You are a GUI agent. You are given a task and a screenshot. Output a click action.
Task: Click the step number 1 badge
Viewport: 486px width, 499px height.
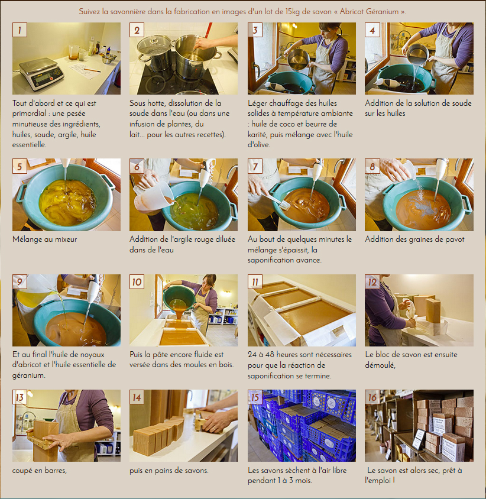[x=20, y=30]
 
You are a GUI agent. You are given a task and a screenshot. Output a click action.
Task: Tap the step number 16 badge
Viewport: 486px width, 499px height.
[x=372, y=397]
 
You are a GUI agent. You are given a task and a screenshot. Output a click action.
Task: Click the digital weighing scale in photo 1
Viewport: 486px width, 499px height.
[x=42, y=74]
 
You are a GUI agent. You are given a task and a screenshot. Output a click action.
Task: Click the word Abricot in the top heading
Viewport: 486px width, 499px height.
[x=352, y=12]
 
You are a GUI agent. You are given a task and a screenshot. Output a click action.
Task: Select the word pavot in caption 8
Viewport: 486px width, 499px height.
[x=455, y=239]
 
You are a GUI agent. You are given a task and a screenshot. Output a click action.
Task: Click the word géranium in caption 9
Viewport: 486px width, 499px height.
[x=28, y=375]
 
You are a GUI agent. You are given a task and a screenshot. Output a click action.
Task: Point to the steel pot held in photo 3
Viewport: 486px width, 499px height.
[x=298, y=59]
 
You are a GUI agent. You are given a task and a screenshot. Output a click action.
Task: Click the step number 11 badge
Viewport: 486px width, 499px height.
[x=255, y=282]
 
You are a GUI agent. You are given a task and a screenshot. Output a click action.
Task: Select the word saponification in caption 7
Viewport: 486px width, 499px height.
[x=268, y=260]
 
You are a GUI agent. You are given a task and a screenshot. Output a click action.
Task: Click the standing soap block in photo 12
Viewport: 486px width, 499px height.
[x=433, y=310]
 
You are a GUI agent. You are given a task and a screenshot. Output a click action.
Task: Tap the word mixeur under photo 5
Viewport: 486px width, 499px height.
[x=67, y=239]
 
